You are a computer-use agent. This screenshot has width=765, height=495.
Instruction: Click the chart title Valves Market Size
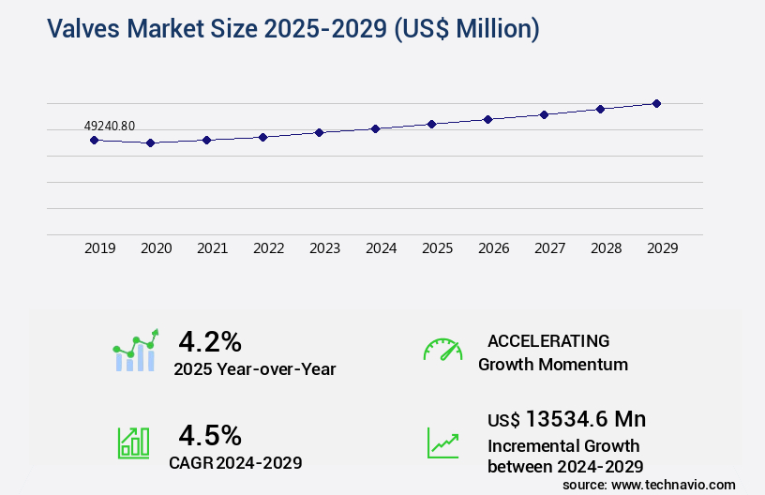292,29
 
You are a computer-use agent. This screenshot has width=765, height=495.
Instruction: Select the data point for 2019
94,140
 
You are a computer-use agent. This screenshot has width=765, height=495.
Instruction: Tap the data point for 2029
656,103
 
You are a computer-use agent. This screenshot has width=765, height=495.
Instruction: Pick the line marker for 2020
150,142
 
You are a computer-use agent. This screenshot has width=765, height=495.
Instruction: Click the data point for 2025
431,124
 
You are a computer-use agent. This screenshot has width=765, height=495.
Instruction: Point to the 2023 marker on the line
319,132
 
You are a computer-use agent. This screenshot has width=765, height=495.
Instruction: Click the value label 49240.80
110,126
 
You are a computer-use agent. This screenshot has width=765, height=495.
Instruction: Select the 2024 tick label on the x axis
381,248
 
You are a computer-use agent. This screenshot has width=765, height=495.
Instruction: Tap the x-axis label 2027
549,248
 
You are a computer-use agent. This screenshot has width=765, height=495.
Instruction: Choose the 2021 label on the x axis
212,248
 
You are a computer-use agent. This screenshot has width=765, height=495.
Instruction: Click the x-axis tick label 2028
606,248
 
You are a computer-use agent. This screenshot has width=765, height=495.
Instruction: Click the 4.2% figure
210,340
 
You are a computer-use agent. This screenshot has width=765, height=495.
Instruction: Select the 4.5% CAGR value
210,435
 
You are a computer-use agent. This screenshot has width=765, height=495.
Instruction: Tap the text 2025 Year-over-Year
254,369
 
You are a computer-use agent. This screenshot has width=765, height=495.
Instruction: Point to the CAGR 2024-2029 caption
235,462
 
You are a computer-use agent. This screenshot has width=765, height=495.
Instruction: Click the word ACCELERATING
547,340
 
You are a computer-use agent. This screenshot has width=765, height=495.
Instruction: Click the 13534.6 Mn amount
585,418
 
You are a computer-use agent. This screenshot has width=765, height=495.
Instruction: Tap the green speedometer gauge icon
442,350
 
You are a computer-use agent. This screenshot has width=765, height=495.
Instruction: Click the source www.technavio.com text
649,484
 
